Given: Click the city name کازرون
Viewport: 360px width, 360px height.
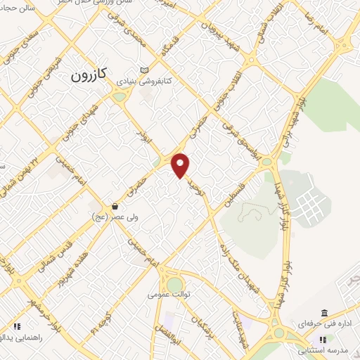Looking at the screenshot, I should point(93,78).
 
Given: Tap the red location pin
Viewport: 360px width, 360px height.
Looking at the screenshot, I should point(181,165).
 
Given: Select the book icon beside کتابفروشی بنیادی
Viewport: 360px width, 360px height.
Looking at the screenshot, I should point(146,71).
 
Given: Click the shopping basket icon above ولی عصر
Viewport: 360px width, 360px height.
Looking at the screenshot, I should point(114,206).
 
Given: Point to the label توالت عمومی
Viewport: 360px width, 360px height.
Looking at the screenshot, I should point(169,297).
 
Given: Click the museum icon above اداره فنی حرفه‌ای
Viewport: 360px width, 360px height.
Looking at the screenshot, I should point(323,312).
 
